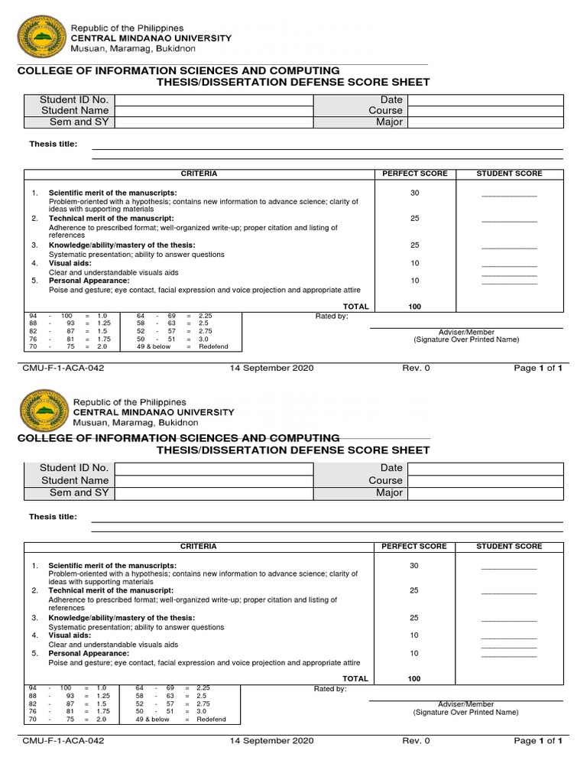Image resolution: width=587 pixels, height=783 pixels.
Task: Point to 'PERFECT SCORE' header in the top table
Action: point(415,174)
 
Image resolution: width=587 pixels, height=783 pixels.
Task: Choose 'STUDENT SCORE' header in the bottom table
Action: point(509,547)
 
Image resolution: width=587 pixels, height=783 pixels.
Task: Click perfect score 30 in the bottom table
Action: point(414,566)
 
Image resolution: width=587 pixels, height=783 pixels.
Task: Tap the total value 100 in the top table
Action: point(414,306)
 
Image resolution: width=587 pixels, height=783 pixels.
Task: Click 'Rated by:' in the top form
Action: point(332,316)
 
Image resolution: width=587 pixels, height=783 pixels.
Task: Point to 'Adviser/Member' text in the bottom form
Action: point(466,704)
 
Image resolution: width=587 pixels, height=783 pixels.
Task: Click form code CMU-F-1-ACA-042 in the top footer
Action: point(63,368)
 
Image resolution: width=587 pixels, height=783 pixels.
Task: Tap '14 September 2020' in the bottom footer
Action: point(271,741)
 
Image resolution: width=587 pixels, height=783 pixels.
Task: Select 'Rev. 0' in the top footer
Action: point(416,368)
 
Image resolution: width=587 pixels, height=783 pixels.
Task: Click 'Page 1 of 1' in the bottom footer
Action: point(538,741)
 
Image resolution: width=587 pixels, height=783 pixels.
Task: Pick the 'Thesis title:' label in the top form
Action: point(53,144)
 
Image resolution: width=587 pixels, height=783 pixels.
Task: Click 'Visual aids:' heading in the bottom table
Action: point(70,635)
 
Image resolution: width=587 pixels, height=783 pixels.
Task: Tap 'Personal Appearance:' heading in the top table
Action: point(89,281)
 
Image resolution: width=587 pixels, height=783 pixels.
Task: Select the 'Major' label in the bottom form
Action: point(389,493)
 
